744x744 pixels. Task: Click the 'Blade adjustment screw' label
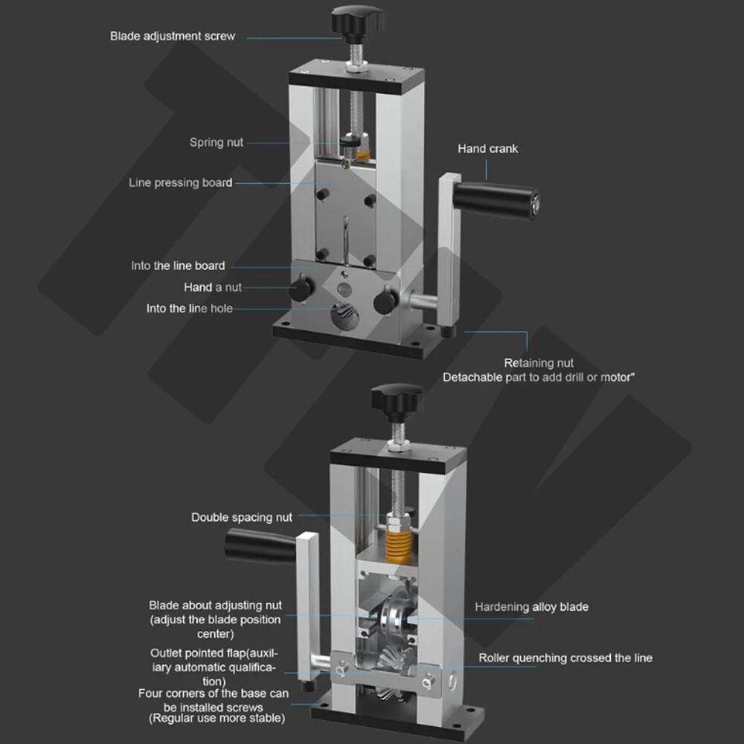(173, 36)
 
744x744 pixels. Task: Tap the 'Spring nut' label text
(217, 142)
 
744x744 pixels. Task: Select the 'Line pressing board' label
(180, 183)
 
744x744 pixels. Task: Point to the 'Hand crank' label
(488, 149)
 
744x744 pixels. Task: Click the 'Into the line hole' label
(189, 309)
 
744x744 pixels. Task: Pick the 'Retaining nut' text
(539, 363)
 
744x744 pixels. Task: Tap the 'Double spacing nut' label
(242, 517)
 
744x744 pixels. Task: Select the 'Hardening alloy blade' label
(531, 607)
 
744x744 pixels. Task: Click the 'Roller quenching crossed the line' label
(565, 658)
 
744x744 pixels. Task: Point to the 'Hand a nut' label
(213, 287)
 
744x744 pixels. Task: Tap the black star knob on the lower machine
(397, 400)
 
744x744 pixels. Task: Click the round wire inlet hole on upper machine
(344, 315)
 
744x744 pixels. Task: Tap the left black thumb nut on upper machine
(301, 287)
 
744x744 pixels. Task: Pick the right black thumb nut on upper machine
(385, 301)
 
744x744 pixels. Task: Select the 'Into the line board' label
(178, 266)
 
